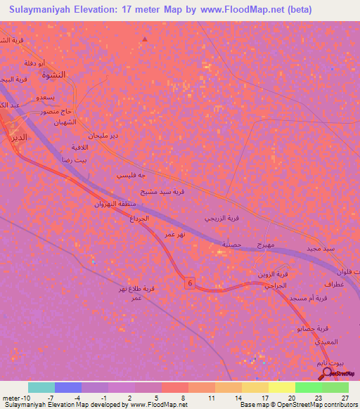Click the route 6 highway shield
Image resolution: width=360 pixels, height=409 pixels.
(x=189, y=283)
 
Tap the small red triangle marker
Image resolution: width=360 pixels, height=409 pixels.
(x=145, y=39)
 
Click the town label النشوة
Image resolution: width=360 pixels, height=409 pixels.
(x=53, y=74)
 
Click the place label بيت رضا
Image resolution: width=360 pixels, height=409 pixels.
(x=77, y=160)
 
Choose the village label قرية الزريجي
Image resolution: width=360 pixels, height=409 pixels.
(x=226, y=219)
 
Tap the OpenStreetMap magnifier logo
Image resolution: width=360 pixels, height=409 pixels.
(x=329, y=372)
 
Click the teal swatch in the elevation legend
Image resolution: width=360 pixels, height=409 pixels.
(x=41, y=387)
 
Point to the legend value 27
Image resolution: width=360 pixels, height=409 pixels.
(x=345, y=398)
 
